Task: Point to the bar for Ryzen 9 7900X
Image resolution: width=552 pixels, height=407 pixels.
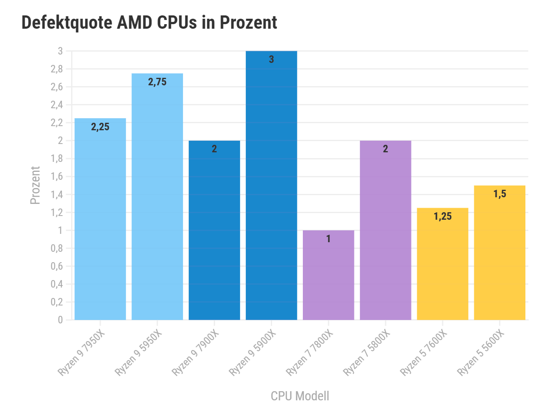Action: [214, 233]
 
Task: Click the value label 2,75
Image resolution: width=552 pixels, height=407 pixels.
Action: [157, 82]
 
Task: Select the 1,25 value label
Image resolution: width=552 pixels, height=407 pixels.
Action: [443, 216]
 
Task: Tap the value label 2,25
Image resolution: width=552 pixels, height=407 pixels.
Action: [100, 127]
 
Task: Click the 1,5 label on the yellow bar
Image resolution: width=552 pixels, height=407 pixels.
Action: [500, 194]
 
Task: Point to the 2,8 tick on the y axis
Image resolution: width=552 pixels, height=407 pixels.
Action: [57, 69]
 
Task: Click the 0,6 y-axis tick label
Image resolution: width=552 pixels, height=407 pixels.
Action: [57, 266]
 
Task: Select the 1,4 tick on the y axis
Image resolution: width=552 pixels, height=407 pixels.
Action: [57, 195]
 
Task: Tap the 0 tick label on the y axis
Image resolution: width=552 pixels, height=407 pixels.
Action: [60, 320]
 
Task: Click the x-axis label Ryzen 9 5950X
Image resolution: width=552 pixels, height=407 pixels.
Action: [138, 352]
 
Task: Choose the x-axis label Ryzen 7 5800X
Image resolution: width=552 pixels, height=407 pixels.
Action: [366, 352]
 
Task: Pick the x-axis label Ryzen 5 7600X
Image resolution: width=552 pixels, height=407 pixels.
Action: [423, 352]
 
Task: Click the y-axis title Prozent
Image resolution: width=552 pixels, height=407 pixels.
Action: [35, 185]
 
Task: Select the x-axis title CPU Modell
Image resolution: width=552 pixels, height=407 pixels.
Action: [300, 396]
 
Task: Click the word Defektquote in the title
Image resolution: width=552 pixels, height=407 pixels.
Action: [67, 22]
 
